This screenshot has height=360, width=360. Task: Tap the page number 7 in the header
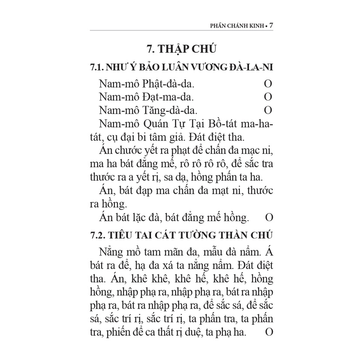tap(271, 26)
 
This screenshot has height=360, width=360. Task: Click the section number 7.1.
tap(96, 68)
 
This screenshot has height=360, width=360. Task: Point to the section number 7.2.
tap(96, 236)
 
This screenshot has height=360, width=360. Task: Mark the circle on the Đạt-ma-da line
tap(268, 96)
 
